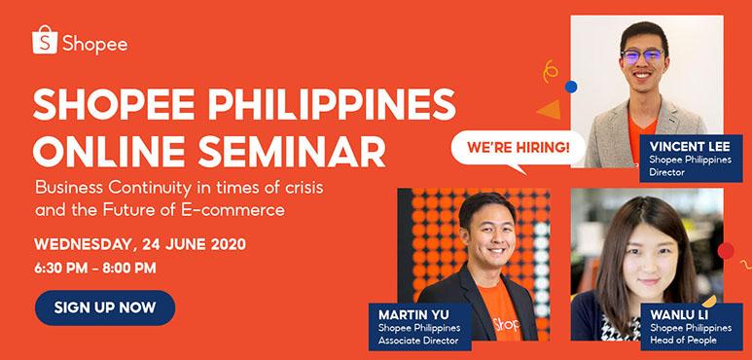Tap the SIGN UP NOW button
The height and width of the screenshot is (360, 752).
(x=105, y=307)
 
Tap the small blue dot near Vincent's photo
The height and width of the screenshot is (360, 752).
(x=571, y=87)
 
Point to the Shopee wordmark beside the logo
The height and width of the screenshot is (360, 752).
(x=94, y=43)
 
